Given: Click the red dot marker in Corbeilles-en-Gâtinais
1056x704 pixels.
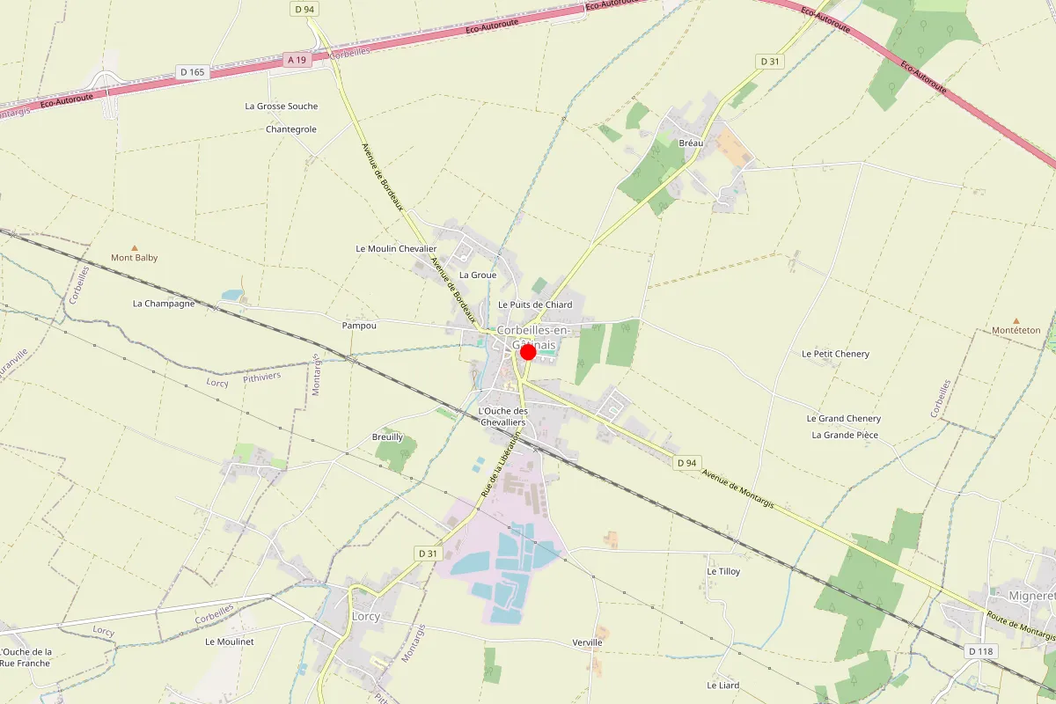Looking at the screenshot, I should (528, 352).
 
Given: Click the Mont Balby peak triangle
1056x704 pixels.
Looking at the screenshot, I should (135, 248).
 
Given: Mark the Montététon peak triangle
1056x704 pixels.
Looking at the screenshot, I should (1016, 321).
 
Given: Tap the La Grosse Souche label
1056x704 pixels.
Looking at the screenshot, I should (281, 106).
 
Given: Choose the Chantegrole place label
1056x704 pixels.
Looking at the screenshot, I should (290, 129).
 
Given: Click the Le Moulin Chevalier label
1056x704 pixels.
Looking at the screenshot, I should (396, 249).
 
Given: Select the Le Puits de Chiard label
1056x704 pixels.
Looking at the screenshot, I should (535, 304).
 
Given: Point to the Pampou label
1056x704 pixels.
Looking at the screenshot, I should (359, 326).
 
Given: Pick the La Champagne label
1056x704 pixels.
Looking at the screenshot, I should (164, 304).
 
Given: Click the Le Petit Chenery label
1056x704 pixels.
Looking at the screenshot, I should (835, 354).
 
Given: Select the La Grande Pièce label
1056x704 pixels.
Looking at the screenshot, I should (845, 435).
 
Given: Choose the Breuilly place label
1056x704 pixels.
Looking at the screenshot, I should (387, 436).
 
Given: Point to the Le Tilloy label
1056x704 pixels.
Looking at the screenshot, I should (723, 571).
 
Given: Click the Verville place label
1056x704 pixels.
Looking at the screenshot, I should (587, 642).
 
